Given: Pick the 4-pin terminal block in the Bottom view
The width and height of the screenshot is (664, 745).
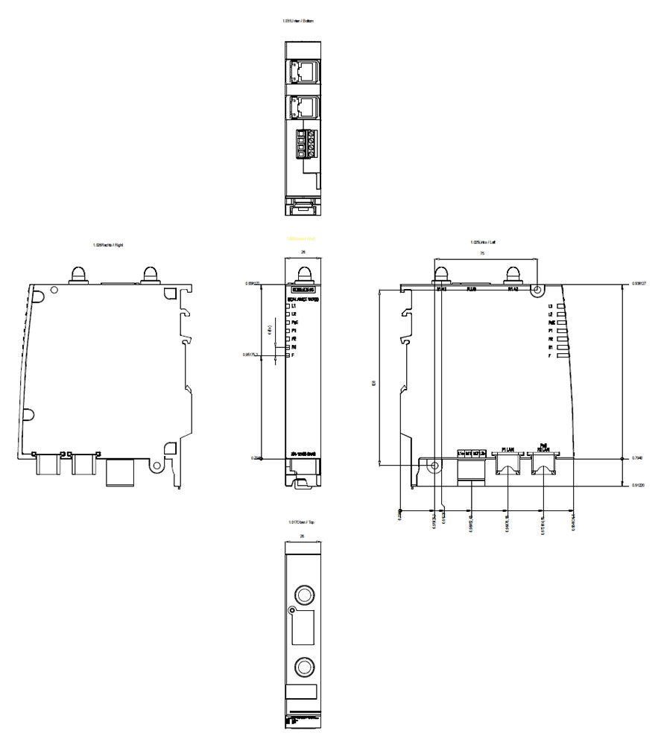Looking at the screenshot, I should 306,142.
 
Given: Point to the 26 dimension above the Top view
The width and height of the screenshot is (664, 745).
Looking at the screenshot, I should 302,536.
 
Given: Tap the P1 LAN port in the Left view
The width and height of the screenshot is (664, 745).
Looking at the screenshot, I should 508,465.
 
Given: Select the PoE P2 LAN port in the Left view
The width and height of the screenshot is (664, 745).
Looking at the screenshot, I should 543,465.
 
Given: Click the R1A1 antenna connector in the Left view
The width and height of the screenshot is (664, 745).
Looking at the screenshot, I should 441,274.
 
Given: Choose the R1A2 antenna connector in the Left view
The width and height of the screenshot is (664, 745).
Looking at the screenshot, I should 512,274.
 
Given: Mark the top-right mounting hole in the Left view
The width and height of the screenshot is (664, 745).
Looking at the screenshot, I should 536,293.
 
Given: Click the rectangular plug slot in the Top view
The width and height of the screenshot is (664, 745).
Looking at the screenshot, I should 301,630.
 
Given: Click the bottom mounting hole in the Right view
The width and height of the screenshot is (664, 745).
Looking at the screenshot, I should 156,466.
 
